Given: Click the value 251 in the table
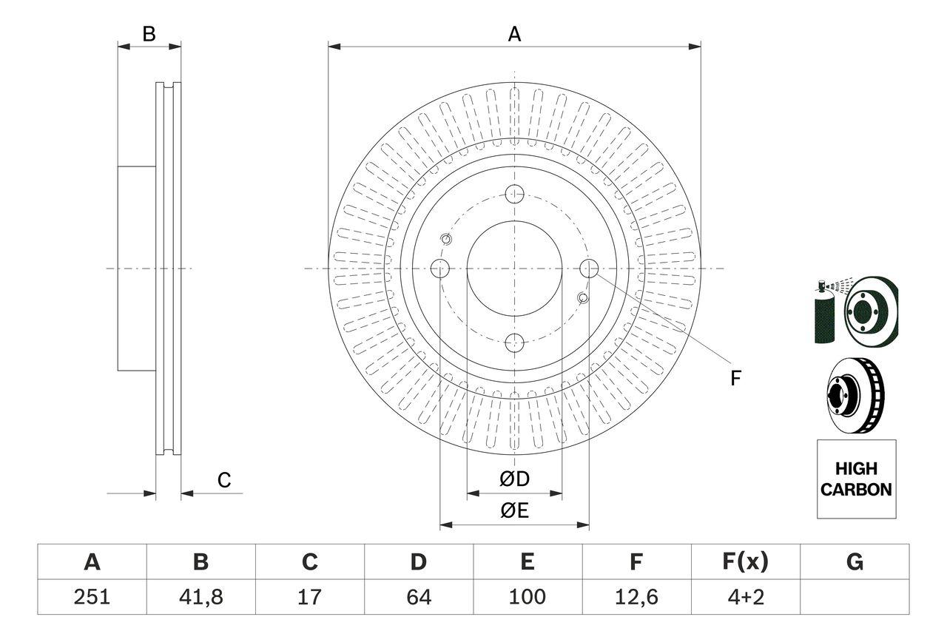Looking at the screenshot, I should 92,597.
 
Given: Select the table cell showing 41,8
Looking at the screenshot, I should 201,597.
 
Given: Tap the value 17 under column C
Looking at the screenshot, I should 310,597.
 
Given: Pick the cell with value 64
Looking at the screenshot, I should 419,597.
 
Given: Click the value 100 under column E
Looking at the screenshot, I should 528,597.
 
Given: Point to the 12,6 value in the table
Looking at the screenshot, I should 636,597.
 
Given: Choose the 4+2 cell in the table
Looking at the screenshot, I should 745,597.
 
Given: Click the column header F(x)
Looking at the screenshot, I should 745,562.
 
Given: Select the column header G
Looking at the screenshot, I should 855,562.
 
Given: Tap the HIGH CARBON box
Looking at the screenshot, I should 856,479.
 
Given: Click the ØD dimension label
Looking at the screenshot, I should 514,479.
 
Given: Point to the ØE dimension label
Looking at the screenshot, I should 514,510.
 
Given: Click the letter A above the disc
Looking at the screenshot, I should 514,34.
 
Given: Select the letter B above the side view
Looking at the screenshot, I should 149,34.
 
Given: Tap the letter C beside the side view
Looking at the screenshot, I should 224,480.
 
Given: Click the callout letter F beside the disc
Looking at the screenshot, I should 735,379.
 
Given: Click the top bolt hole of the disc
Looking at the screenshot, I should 514,195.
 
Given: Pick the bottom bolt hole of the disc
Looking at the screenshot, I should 514,343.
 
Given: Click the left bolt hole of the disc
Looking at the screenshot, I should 440,269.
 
